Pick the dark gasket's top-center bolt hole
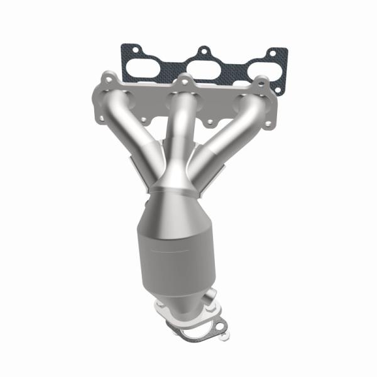(x=203, y=50)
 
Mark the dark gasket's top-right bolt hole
(x=275, y=54)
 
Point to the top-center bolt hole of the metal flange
(x=184, y=80)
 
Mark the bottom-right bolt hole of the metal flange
(x=270, y=124)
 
